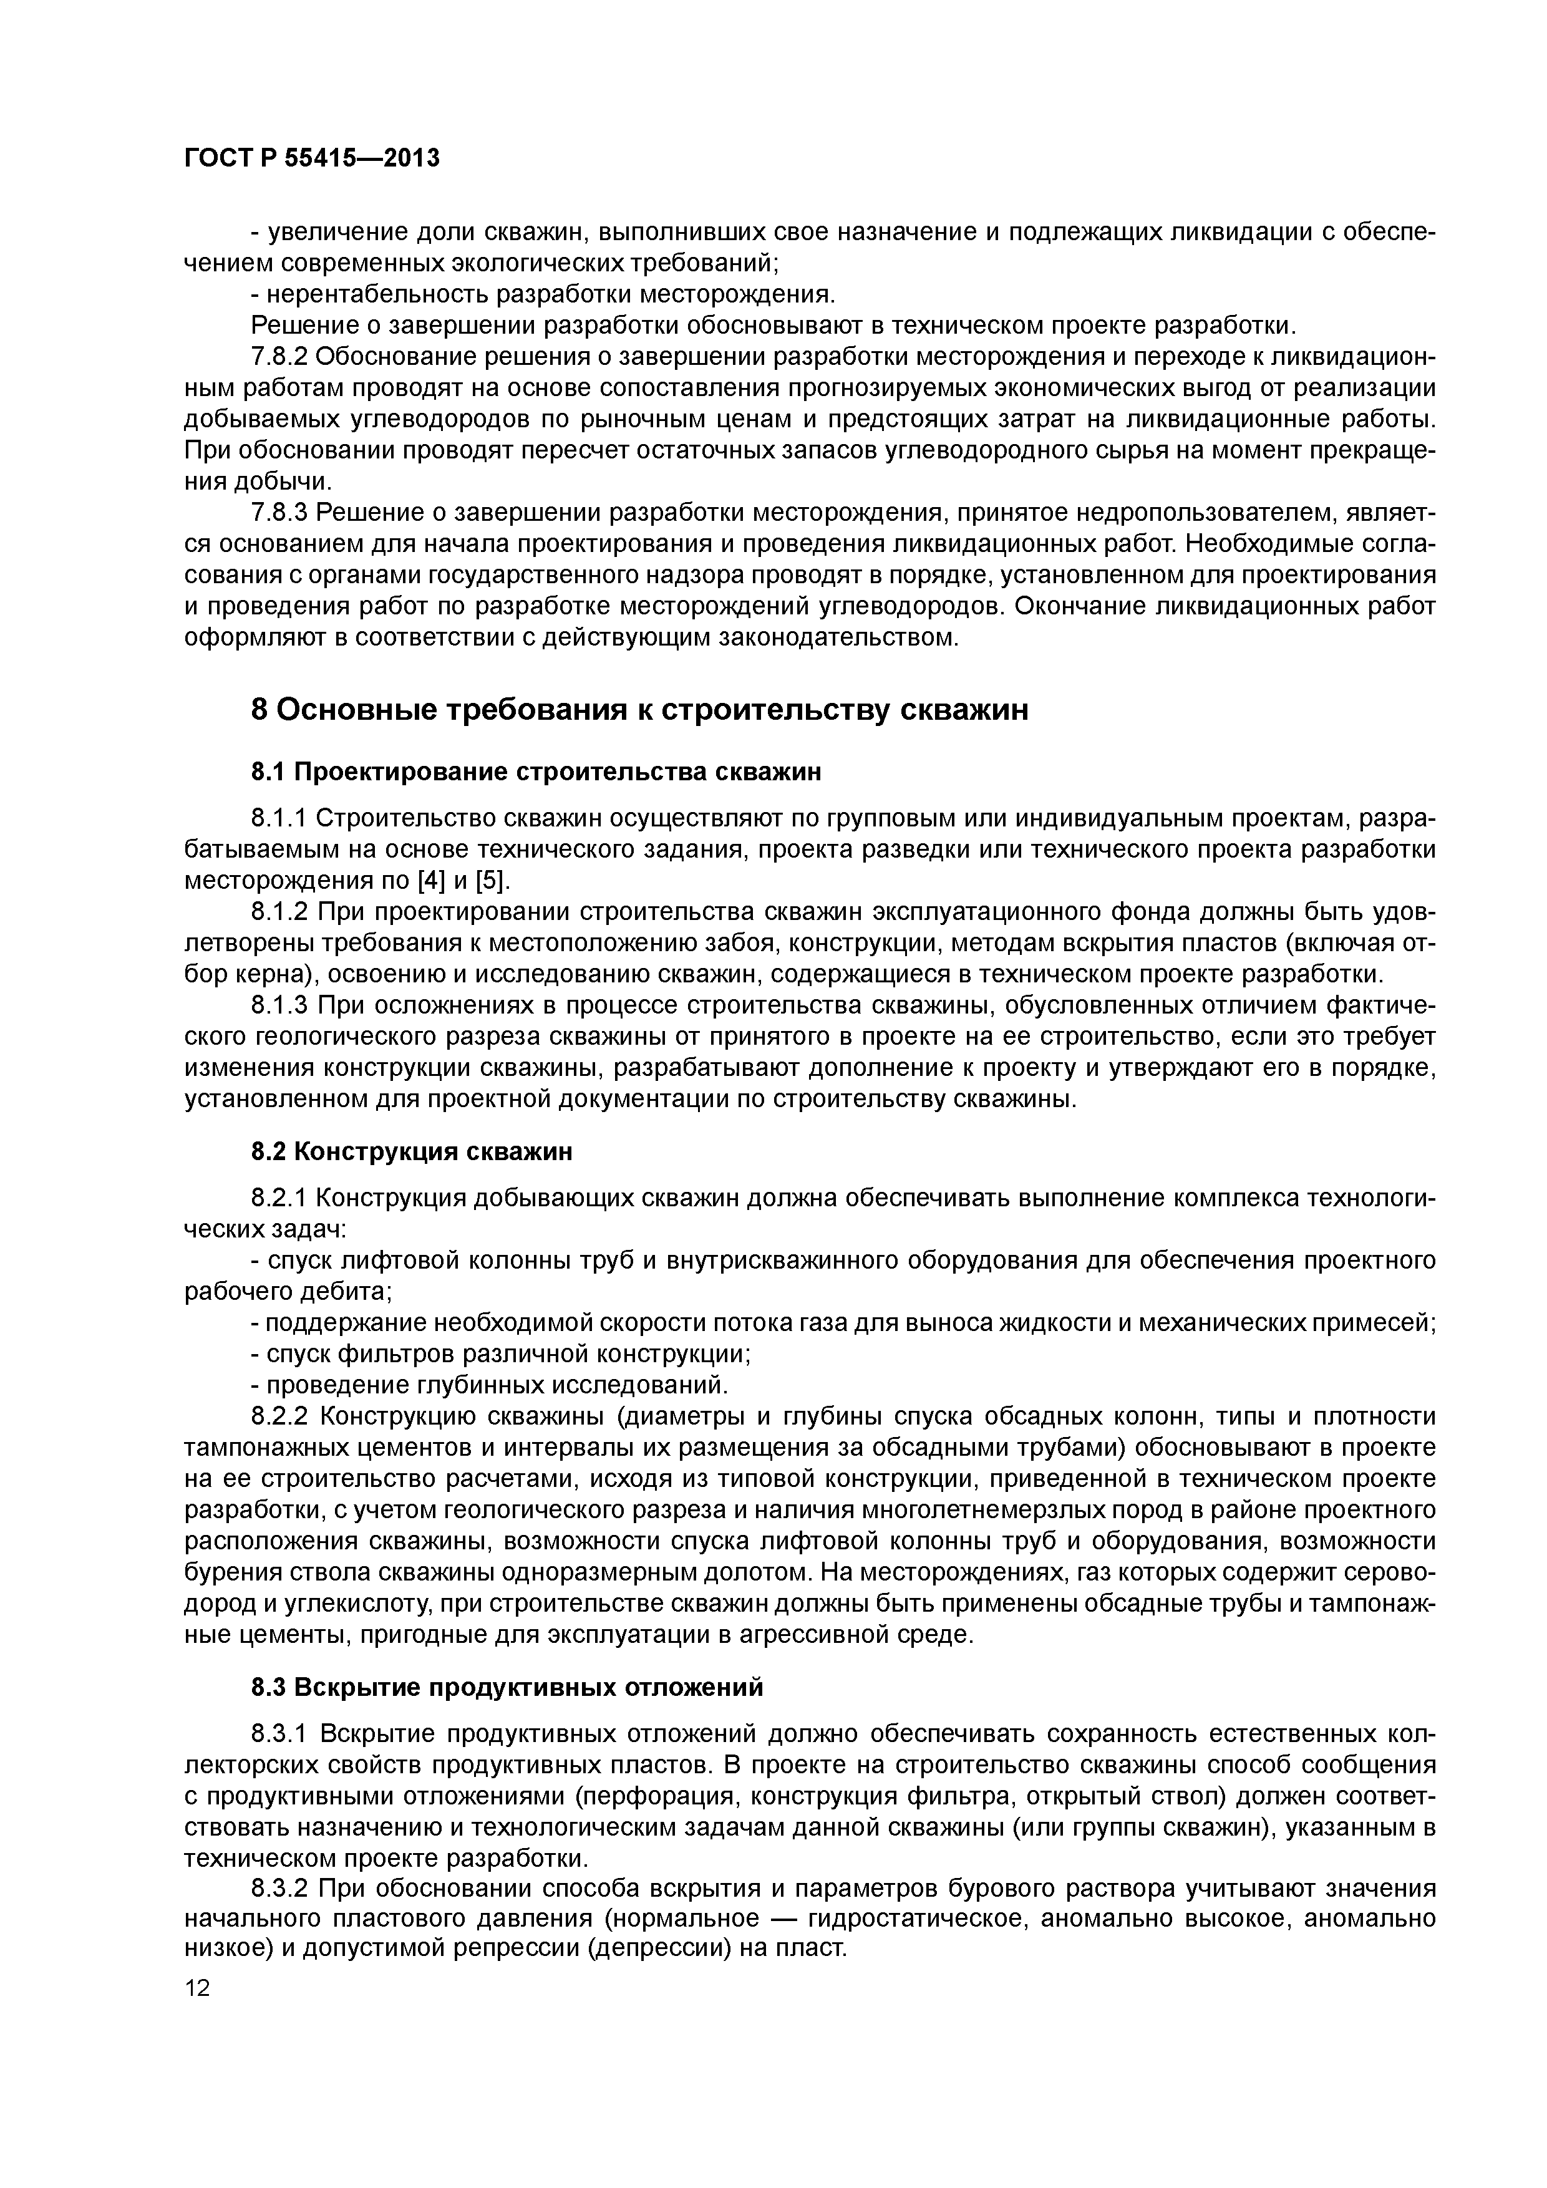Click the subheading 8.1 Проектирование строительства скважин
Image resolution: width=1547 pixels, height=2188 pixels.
tap(536, 772)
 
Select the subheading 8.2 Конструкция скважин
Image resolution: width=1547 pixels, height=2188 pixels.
tap(412, 1151)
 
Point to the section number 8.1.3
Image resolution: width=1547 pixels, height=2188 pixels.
tap(278, 1005)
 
